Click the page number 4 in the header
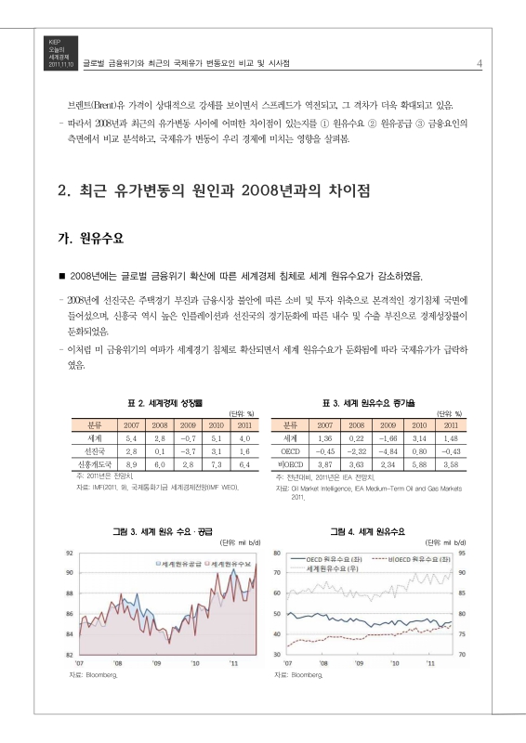pos(478,63)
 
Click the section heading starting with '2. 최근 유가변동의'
pos(214,192)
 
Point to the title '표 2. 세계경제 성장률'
pos(164,403)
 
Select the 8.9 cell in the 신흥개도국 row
pos(131,462)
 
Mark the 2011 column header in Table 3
pos(451,424)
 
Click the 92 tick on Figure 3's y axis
pos(69,553)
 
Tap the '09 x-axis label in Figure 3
pos(156,663)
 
